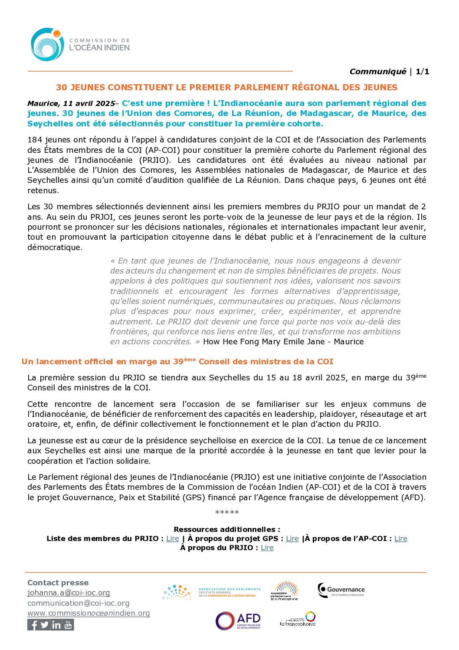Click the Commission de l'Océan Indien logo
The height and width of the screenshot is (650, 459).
tap(80, 44)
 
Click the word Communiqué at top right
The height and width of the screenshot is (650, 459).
tap(377, 72)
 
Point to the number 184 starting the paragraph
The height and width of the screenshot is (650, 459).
tap(35, 140)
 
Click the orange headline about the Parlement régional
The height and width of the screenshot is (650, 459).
tap(226, 87)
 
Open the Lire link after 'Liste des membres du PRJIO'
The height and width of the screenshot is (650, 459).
tap(173, 538)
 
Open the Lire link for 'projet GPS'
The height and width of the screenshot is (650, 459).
tap(292, 538)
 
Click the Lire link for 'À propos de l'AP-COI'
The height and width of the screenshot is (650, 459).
tap(400, 538)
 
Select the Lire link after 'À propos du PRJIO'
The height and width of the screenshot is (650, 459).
tap(267, 548)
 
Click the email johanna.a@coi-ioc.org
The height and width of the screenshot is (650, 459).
tap(69, 593)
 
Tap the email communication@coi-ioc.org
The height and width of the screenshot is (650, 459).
tap(78, 603)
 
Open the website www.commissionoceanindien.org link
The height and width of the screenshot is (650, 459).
tap(89, 613)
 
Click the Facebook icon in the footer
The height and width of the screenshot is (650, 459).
tap(33, 625)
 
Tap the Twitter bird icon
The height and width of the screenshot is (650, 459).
tap(45, 625)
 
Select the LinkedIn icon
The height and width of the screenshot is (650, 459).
tap(56, 625)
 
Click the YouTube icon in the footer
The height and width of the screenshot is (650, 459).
tap(68, 625)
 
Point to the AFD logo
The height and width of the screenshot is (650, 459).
tap(238, 621)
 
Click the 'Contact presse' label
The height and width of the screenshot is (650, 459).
tap(58, 583)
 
